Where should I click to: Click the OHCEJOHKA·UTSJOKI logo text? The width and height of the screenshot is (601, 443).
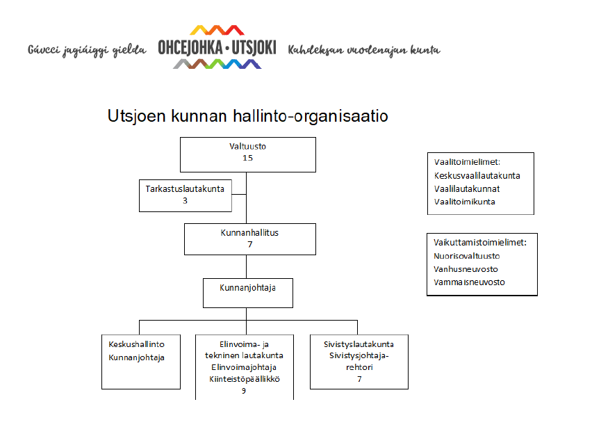[x=217, y=48]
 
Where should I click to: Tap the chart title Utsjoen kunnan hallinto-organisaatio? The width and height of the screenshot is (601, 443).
[x=247, y=116]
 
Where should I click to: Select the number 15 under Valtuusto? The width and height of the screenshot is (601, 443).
[x=247, y=158]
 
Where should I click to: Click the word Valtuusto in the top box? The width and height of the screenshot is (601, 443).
[x=247, y=146]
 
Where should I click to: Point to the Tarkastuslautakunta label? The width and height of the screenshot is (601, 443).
[x=185, y=188]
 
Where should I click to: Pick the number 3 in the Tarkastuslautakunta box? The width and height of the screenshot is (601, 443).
[x=185, y=200]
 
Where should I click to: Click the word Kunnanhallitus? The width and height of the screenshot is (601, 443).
[x=249, y=232]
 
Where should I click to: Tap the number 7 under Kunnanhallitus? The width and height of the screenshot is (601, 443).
[x=250, y=244]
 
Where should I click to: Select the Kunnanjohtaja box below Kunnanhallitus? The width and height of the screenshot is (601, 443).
[x=248, y=293]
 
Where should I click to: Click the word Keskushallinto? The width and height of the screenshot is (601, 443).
[x=136, y=344]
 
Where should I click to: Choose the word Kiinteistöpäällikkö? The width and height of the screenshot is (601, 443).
[x=245, y=379]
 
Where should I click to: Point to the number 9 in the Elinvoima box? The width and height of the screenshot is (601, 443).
[x=244, y=391]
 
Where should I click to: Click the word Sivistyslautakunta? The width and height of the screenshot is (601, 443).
[x=359, y=344]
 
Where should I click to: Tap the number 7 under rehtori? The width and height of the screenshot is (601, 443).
[x=359, y=379]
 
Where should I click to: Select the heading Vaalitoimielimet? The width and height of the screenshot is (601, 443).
[x=467, y=162]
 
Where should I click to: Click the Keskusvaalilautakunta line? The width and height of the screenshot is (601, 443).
[x=477, y=176]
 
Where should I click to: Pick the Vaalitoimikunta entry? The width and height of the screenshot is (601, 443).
[x=465, y=202]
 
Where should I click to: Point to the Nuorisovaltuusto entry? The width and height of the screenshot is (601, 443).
[x=467, y=256]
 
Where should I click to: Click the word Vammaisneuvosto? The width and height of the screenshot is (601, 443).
[x=469, y=282]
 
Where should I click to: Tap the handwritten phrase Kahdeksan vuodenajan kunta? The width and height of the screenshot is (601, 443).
[x=364, y=50]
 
